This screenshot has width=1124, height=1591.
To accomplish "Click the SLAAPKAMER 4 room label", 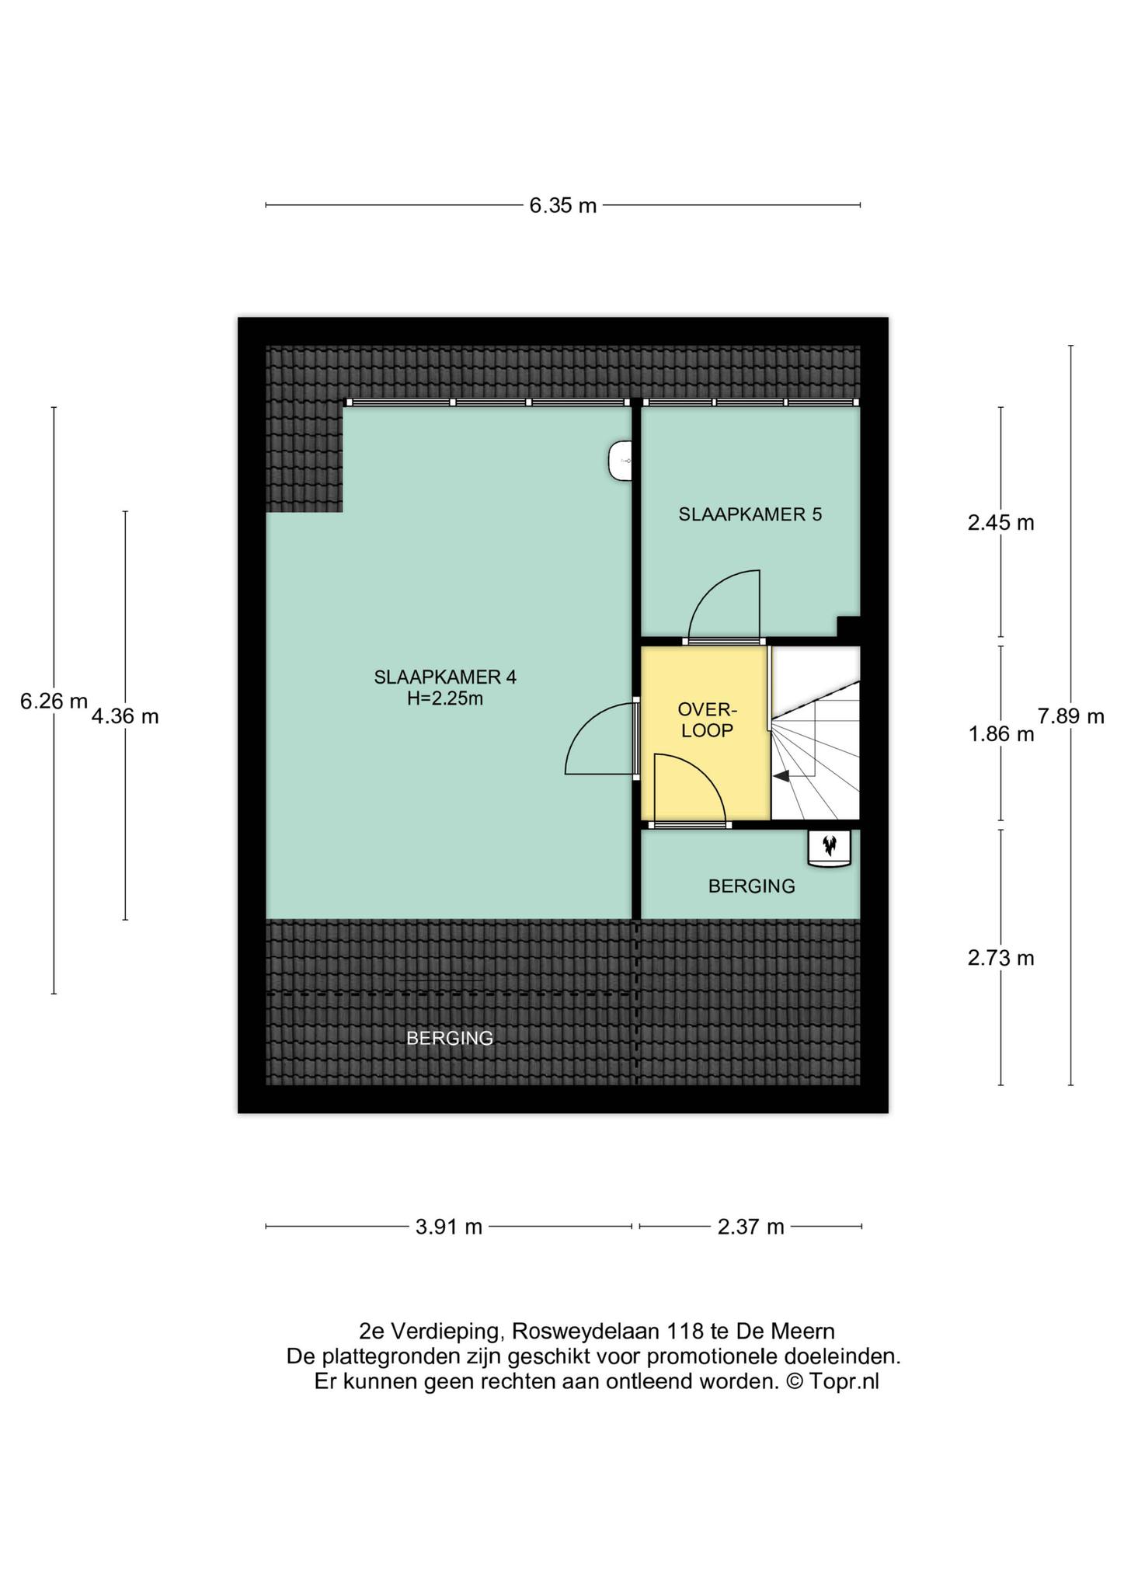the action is coord(445,677).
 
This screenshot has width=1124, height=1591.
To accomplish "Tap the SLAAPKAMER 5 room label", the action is coord(750,514).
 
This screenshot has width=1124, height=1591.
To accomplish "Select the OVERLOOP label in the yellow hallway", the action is coord(706,719).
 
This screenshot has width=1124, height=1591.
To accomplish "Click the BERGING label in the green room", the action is coord(752,886).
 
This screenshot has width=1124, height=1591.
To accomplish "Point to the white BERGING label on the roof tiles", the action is coord(451,1038).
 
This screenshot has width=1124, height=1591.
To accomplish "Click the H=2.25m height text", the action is coord(445,699).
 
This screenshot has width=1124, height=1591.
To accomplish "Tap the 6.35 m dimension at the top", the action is coord(563,206).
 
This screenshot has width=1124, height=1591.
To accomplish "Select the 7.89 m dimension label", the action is coord(1070,716).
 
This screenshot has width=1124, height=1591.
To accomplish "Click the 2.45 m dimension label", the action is coord(1000,523).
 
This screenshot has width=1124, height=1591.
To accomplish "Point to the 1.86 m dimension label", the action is coord(1000,734).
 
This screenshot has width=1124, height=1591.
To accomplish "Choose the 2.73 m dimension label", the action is coord(1000,959).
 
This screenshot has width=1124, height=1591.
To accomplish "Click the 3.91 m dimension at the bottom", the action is coord(449,1227).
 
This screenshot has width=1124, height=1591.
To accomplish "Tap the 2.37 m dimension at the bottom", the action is coord(750,1227).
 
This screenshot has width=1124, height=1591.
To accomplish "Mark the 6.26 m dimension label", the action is coord(54,702).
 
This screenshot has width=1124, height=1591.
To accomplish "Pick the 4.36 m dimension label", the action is coord(125,716).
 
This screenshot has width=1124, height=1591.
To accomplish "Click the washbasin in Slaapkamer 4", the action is coord(620,461).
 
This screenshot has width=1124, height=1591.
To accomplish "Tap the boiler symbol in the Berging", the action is coord(830,848).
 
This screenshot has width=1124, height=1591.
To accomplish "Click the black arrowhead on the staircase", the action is coord(781,775).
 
